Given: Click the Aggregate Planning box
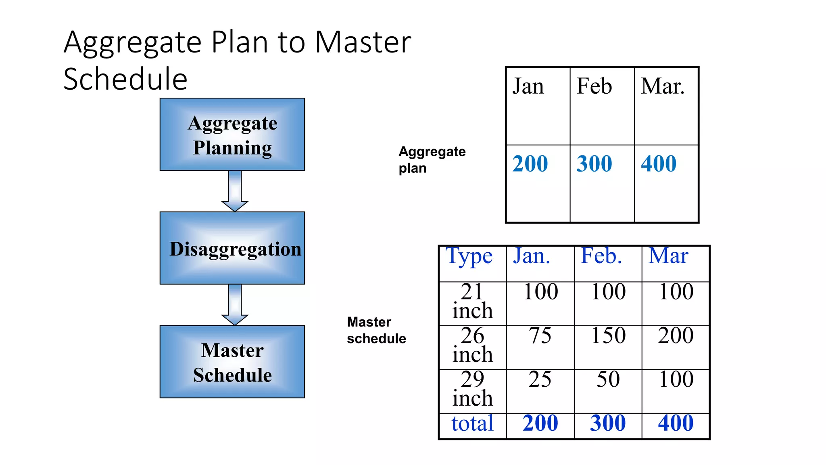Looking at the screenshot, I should (x=232, y=134).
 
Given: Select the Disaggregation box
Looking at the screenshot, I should (x=232, y=248).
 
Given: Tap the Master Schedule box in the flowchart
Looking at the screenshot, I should (x=232, y=362).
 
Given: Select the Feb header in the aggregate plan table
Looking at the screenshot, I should (x=594, y=86).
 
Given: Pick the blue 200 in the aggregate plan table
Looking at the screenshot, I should (x=530, y=164).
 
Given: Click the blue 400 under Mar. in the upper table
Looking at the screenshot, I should (x=659, y=164).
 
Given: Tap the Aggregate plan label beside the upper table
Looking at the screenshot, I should (x=432, y=159).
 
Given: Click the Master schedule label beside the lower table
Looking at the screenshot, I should (x=376, y=330).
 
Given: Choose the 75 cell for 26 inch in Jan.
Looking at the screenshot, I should (x=540, y=336).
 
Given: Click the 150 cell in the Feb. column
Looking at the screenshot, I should (x=608, y=336).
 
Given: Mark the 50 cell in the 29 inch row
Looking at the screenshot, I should (x=608, y=379).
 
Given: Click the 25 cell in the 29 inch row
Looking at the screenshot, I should (x=540, y=379).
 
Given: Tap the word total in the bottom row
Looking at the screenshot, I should (x=472, y=423).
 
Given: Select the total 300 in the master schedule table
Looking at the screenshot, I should (x=608, y=423).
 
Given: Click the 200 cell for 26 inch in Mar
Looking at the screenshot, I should (x=676, y=336).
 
